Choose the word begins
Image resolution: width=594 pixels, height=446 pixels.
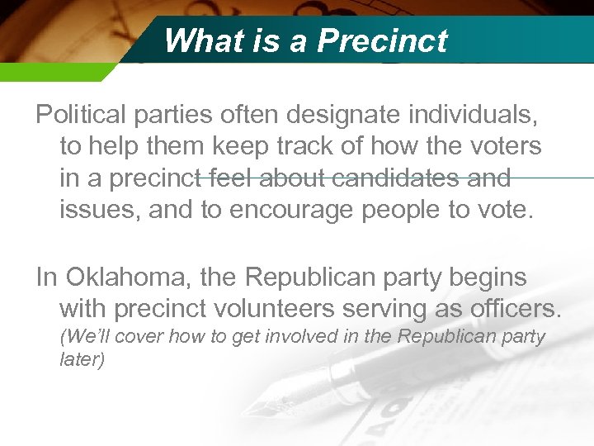(488, 277)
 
